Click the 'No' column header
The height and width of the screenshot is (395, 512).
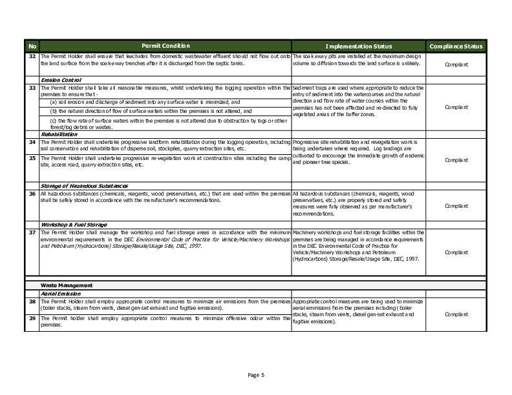coord(32,46)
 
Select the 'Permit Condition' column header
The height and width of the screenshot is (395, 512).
coord(165,46)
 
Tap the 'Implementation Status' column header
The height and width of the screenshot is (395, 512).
coord(358,46)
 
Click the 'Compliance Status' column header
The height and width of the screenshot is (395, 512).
coord(456,46)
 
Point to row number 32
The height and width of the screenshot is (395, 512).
coord(32,56)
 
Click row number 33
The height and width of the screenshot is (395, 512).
coord(32,87)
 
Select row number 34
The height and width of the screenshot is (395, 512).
coord(32,141)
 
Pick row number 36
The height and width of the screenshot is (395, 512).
coord(32,193)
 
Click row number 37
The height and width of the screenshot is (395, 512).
coord(32,232)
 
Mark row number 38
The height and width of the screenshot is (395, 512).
coord(32,301)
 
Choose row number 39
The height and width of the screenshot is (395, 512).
coord(32,318)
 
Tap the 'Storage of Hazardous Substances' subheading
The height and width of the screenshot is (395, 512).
coord(83,186)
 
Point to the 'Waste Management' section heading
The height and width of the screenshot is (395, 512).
coord(67,285)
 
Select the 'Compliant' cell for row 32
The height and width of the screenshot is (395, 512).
coord(456,65)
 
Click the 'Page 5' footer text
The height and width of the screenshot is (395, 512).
coord(256,375)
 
